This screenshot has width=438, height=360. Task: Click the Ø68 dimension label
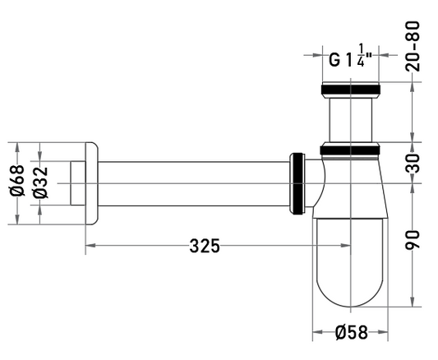click(17, 181)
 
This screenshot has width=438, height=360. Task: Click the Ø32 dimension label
click(40, 182)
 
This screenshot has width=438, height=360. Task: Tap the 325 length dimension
click(205, 246)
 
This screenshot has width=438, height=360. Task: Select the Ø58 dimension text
click(352, 332)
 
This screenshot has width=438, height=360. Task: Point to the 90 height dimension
click(413, 240)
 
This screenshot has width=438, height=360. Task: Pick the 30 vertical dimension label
click(413, 163)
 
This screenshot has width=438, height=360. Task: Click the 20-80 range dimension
click(413, 46)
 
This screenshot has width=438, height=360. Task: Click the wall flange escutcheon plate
click(91, 183)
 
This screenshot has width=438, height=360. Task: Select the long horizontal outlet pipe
click(194, 184)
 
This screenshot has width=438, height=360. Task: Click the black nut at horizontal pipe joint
click(297, 183)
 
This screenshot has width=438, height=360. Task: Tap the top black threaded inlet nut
click(351, 90)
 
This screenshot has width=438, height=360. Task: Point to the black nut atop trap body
click(350, 150)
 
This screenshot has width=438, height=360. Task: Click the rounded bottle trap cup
click(350, 262)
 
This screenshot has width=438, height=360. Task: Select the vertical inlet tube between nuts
click(351, 120)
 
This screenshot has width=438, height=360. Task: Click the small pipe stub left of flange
click(77, 183)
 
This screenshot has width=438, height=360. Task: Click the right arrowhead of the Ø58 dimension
click(383, 332)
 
